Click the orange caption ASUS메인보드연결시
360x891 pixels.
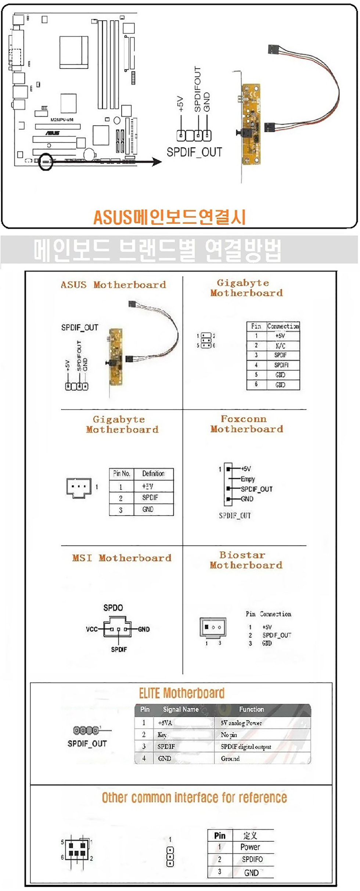click(x=169, y=218)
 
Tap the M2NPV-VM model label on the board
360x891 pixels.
click(x=62, y=120)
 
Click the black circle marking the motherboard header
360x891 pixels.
click(x=46, y=162)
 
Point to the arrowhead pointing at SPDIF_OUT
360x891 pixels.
click(x=157, y=162)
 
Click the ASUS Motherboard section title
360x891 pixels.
click(x=113, y=285)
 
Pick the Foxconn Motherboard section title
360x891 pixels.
click(x=246, y=424)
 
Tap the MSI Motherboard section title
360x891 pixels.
click(x=122, y=558)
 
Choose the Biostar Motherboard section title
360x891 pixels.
click(x=246, y=560)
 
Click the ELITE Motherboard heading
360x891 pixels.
click(x=181, y=693)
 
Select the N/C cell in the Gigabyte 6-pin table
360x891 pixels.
click(x=280, y=346)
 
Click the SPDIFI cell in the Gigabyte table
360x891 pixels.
click(x=281, y=365)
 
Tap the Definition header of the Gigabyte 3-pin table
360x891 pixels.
click(x=153, y=474)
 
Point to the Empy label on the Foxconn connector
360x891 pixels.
click(x=248, y=479)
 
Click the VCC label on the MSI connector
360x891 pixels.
click(x=91, y=629)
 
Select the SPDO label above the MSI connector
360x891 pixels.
click(x=113, y=608)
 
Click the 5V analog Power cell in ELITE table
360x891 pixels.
click(x=241, y=723)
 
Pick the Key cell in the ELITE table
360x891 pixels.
click(x=162, y=735)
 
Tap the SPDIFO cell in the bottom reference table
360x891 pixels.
click(x=252, y=859)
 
